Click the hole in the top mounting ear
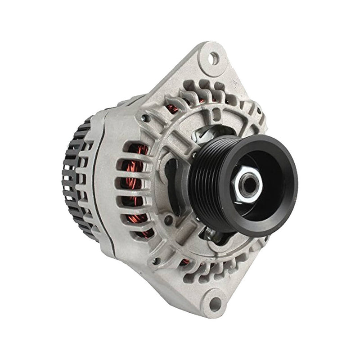tap(216, 58)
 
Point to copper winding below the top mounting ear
tap(173, 108)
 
